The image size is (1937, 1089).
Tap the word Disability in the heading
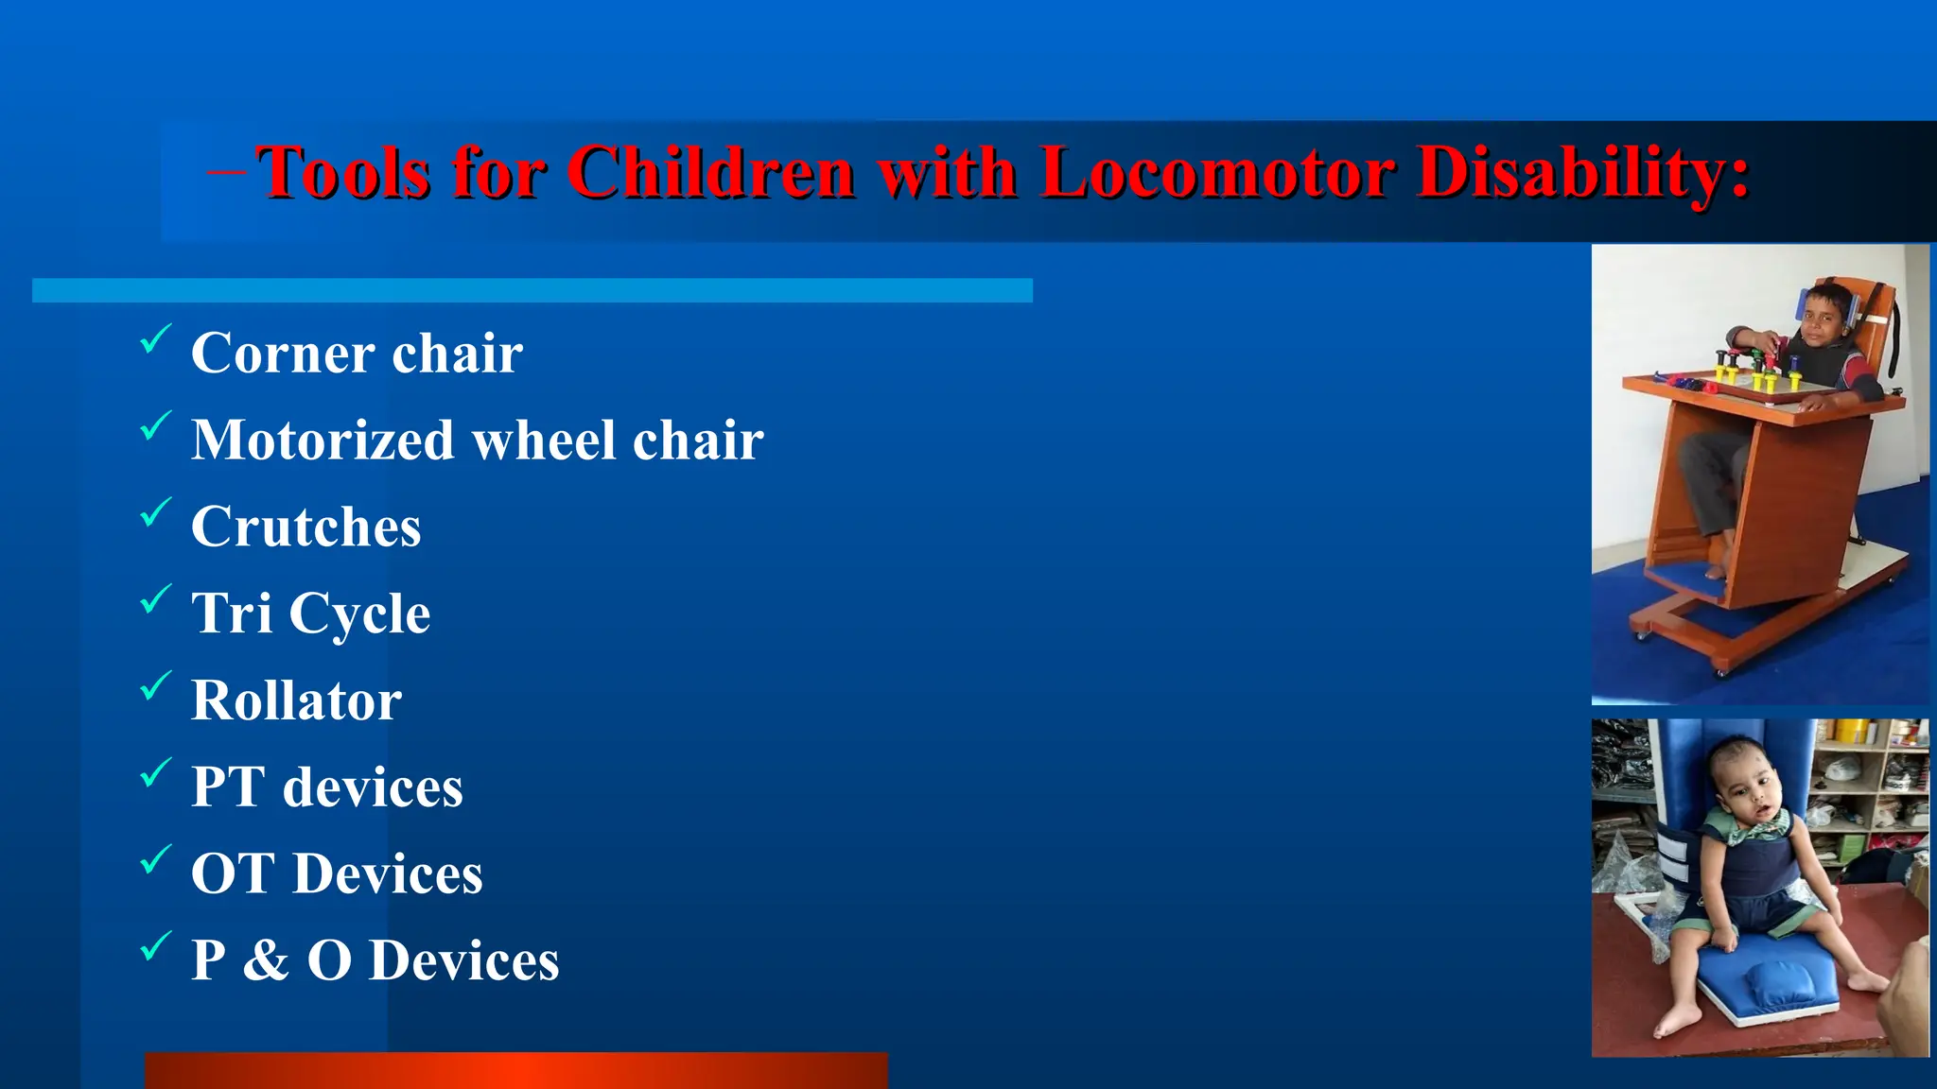(x=1584, y=173)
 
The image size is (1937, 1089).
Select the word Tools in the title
(x=344, y=173)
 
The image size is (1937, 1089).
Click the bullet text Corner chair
(x=357, y=354)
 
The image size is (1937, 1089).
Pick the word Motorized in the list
(x=323, y=441)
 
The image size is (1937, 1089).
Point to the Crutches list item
(x=305, y=527)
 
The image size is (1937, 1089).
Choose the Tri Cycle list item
(x=310, y=614)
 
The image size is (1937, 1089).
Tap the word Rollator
(x=296, y=700)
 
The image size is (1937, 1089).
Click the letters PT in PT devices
(x=228, y=787)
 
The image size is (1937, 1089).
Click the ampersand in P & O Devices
(x=266, y=960)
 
